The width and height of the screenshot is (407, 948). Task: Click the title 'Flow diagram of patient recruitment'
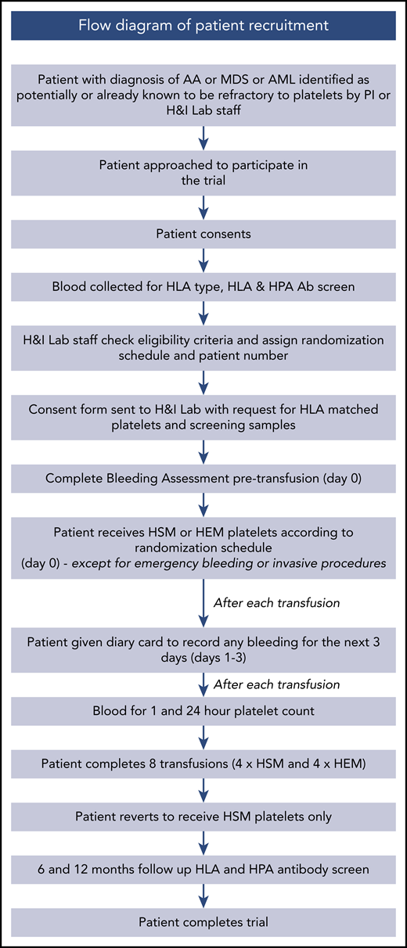click(x=203, y=24)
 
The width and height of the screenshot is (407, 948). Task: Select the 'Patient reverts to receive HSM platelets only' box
click(x=203, y=817)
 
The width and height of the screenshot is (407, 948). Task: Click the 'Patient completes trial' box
click(x=203, y=922)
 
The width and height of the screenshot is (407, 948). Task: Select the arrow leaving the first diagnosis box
click(x=203, y=135)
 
